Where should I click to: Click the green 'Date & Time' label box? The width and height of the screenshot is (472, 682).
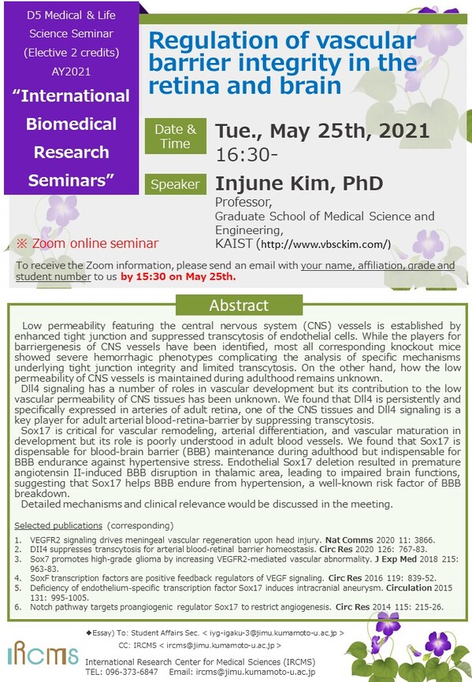coord(175,136)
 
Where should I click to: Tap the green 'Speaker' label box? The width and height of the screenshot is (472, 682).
coord(175,184)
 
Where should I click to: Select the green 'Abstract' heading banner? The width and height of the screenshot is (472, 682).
coord(239,305)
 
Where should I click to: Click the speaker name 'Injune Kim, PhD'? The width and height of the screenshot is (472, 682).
coord(299,183)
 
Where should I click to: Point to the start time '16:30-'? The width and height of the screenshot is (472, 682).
coord(246,155)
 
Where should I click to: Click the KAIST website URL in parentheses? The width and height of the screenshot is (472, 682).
coord(324,244)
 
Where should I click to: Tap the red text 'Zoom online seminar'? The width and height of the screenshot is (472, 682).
coord(95,243)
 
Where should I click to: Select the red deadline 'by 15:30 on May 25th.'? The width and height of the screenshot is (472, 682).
coord(178,276)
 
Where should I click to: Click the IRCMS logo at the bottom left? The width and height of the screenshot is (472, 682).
coord(43,653)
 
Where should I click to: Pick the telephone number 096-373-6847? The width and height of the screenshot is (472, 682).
coord(132,672)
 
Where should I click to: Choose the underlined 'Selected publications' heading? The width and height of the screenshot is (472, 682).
coord(58,525)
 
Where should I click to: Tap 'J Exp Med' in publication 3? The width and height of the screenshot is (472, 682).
coord(396,559)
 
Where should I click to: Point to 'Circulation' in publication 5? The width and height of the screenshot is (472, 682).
coord(409,588)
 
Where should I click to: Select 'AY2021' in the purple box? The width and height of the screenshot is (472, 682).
coord(72,72)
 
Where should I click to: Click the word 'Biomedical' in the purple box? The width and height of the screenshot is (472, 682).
coord(72,124)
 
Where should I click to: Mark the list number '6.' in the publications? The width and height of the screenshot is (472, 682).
coord(18,607)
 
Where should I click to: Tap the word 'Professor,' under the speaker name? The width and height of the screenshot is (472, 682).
coord(243,202)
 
